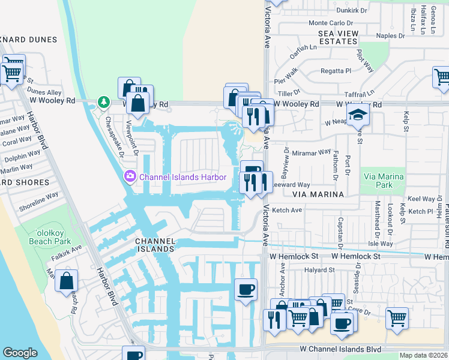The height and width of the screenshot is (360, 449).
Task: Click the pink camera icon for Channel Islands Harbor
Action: point(130,176)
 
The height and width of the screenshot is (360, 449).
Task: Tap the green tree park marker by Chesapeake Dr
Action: point(104,102)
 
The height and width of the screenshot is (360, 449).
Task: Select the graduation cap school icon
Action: point(358,115)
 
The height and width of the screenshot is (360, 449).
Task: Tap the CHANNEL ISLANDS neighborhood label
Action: point(155,245)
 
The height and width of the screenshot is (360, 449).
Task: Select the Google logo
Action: point(20,353)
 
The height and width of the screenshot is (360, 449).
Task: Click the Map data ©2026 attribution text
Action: point(423,355)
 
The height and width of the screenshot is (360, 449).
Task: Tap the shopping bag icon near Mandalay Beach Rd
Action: point(67,280)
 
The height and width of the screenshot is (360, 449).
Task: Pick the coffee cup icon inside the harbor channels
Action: point(246,290)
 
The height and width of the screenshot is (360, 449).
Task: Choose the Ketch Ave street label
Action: point(287,210)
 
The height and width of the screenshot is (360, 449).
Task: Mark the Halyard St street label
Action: point(319,270)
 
